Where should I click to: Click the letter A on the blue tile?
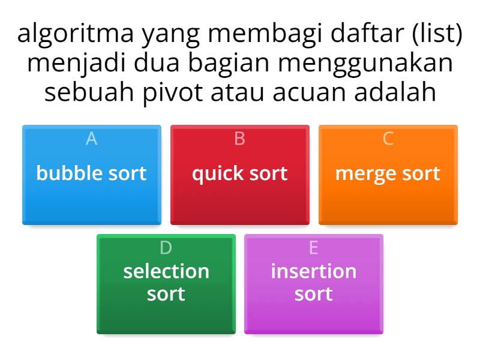(91, 139)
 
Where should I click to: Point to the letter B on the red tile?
(239, 139)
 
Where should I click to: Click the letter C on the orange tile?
(388, 139)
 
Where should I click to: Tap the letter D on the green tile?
(166, 248)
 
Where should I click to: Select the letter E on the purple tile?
(314, 248)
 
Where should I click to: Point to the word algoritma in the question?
(75, 37)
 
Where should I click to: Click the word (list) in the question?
(433, 37)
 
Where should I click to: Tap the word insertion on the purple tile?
(314, 271)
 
